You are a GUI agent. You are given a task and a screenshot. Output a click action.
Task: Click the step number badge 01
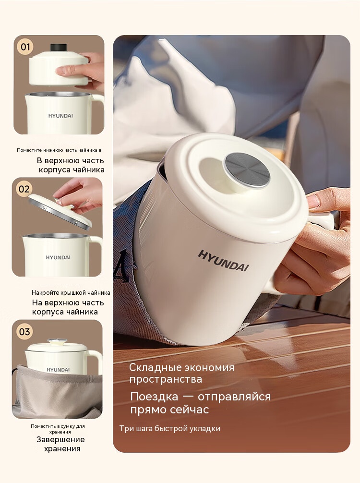(x=25, y=47)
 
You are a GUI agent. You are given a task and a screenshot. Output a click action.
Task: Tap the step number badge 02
(x=24, y=189)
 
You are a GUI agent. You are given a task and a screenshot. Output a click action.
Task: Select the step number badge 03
(x=24, y=332)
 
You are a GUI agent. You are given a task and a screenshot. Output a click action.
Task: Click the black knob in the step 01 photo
(x=59, y=48)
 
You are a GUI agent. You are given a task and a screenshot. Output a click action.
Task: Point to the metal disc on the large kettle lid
(x=248, y=170)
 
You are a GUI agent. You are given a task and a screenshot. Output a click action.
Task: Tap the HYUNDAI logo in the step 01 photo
(x=60, y=116)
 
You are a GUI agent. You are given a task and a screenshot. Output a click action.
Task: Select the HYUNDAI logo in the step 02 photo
(x=58, y=257)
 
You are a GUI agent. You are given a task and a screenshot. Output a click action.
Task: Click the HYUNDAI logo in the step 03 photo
(x=58, y=370)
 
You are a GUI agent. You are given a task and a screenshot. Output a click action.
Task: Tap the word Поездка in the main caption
(x=154, y=397)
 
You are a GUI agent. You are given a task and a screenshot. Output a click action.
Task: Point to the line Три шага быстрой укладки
(x=170, y=428)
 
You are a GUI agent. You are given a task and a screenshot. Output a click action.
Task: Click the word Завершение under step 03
(x=60, y=440)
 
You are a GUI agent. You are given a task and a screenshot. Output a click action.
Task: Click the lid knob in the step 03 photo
(x=57, y=341)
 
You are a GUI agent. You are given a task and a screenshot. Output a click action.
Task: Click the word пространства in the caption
(x=166, y=379)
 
